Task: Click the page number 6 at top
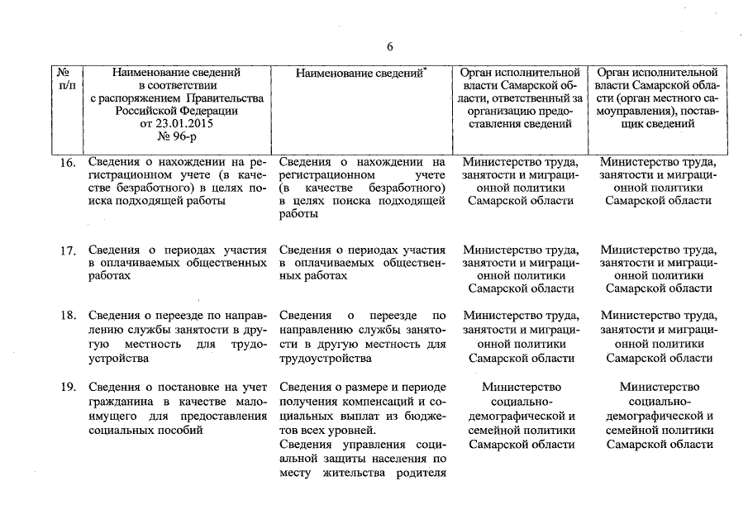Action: pyautogui.click(x=389, y=46)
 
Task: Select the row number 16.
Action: pyautogui.click(x=68, y=164)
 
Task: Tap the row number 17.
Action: pyautogui.click(x=68, y=249)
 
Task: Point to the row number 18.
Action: pyautogui.click(x=68, y=316)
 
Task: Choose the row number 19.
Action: pyautogui.click(x=68, y=386)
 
